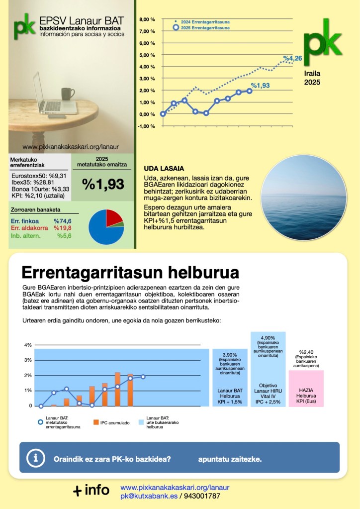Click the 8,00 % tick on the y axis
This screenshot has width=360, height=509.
pyautogui.click(x=148, y=19)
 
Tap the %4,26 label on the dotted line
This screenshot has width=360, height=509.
pyautogui.click(x=293, y=59)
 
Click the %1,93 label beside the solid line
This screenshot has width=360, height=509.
pyautogui.click(x=260, y=86)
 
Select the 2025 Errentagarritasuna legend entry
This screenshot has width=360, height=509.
pyautogui.click(x=204, y=28)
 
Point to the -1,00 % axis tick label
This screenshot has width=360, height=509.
pyautogui.click(x=147, y=126)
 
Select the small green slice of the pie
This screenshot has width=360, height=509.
pyautogui.click(x=121, y=224)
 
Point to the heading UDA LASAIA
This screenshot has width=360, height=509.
pyautogui.click(x=164, y=168)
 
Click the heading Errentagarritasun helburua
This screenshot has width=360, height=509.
pyautogui.click(x=130, y=272)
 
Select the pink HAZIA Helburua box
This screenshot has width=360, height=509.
pyautogui.click(x=306, y=388)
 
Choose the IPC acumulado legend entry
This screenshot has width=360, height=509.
pyautogui.click(x=112, y=422)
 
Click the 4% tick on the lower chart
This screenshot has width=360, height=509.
pyautogui.click(x=28, y=345)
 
